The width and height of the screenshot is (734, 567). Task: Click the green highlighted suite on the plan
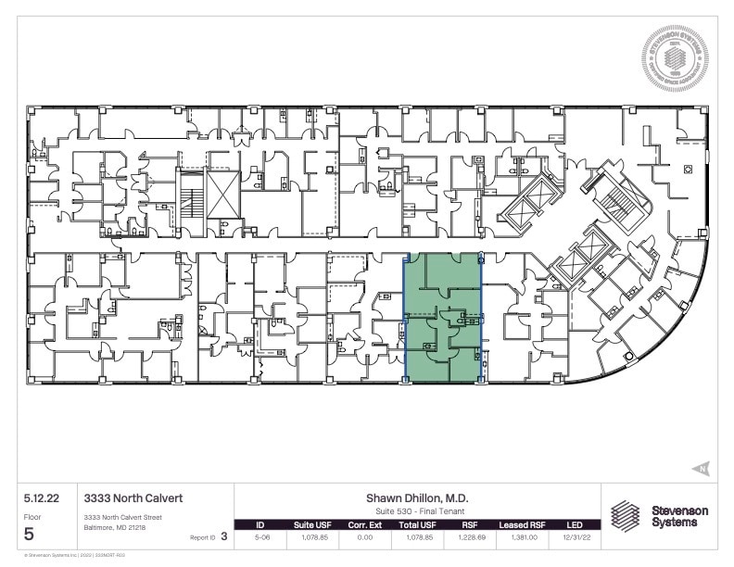pyautogui.click(x=443, y=317)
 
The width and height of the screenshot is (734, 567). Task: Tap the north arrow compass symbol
pyautogui.click(x=702, y=468)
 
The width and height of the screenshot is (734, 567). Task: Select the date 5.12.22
pyautogui.click(x=41, y=498)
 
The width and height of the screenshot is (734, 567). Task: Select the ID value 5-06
pyautogui.click(x=260, y=536)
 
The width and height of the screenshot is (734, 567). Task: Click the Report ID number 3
pyautogui.click(x=224, y=535)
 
